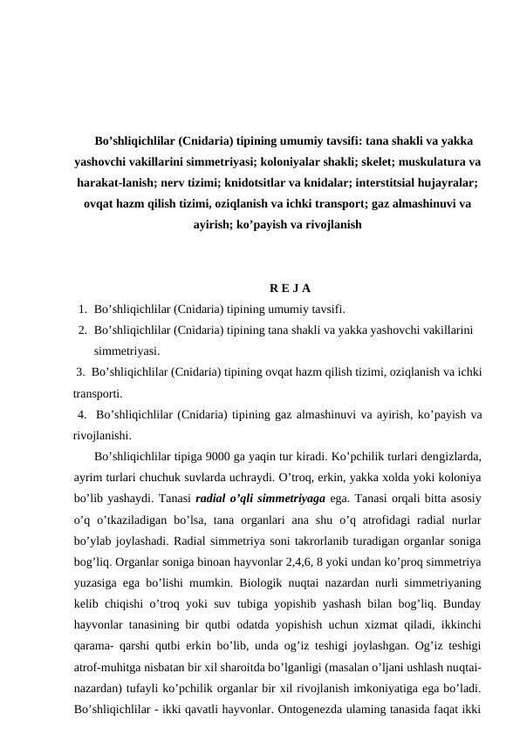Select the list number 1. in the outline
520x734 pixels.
pyautogui.click(x=81, y=309)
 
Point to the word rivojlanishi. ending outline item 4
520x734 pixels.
pyautogui.click(x=104, y=435)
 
